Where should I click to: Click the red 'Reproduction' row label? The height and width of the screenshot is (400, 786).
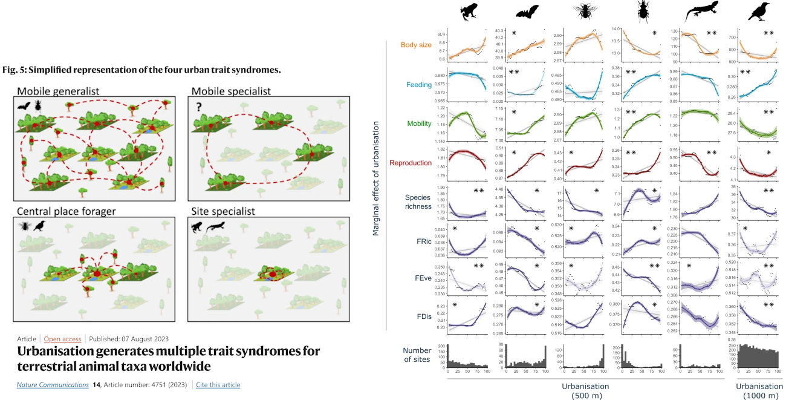(x=411, y=163)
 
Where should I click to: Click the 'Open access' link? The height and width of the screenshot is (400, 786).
(x=62, y=339)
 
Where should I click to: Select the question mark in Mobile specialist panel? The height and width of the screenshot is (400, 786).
(x=198, y=106)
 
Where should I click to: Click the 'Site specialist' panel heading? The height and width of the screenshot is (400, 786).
(x=223, y=212)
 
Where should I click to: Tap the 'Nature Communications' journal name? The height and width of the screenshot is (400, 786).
(x=52, y=385)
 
